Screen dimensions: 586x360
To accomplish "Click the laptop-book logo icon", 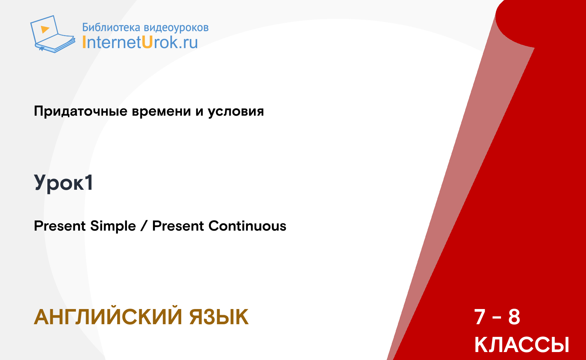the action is [53, 34].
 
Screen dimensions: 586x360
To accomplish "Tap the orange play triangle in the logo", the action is [45, 29].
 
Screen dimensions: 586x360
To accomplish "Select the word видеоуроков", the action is [176, 28].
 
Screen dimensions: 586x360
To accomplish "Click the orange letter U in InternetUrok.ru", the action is [147, 42].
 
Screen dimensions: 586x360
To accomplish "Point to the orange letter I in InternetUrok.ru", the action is [84, 42].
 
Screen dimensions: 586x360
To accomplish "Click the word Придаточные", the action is [81, 111].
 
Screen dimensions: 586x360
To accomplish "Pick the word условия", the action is [236, 112].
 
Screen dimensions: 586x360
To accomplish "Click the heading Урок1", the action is [63, 183].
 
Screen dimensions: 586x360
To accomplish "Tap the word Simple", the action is [113, 226].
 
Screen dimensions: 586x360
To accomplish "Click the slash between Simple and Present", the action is [144, 226].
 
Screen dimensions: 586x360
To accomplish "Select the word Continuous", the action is [247, 226].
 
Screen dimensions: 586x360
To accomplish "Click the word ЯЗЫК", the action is [219, 317].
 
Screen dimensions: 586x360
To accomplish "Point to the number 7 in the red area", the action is [480, 317].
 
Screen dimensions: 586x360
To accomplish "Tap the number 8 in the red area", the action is [514, 317].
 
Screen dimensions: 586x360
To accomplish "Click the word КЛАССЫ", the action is [522, 344].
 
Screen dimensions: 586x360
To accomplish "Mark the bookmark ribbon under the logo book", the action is [41, 49].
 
